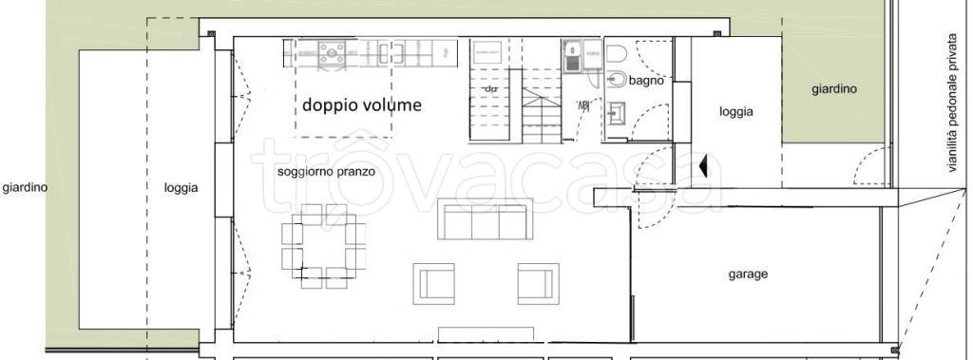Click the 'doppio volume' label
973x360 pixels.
361,105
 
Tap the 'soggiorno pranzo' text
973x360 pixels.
326,173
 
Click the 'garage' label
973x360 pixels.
748,275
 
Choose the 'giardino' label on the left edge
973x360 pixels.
24,187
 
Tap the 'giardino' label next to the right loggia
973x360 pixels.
833,89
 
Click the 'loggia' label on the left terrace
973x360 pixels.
181,188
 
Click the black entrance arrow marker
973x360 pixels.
704,168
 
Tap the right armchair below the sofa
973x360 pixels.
535,282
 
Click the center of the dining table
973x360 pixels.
323,242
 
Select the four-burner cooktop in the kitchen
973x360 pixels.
334,53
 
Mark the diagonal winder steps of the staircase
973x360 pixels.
539,96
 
